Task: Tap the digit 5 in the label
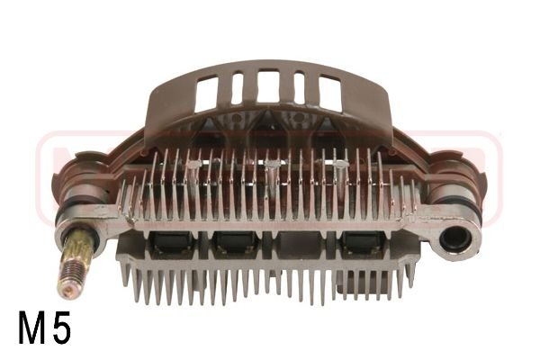pyautogui.click(x=61, y=329)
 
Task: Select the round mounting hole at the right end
pyautogui.click(x=454, y=242)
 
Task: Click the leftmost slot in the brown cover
pyautogui.click(x=207, y=90)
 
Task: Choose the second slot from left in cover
pyautogui.click(x=238, y=87)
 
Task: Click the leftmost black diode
pyautogui.click(x=169, y=242)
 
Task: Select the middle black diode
pyautogui.click(x=237, y=242)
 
